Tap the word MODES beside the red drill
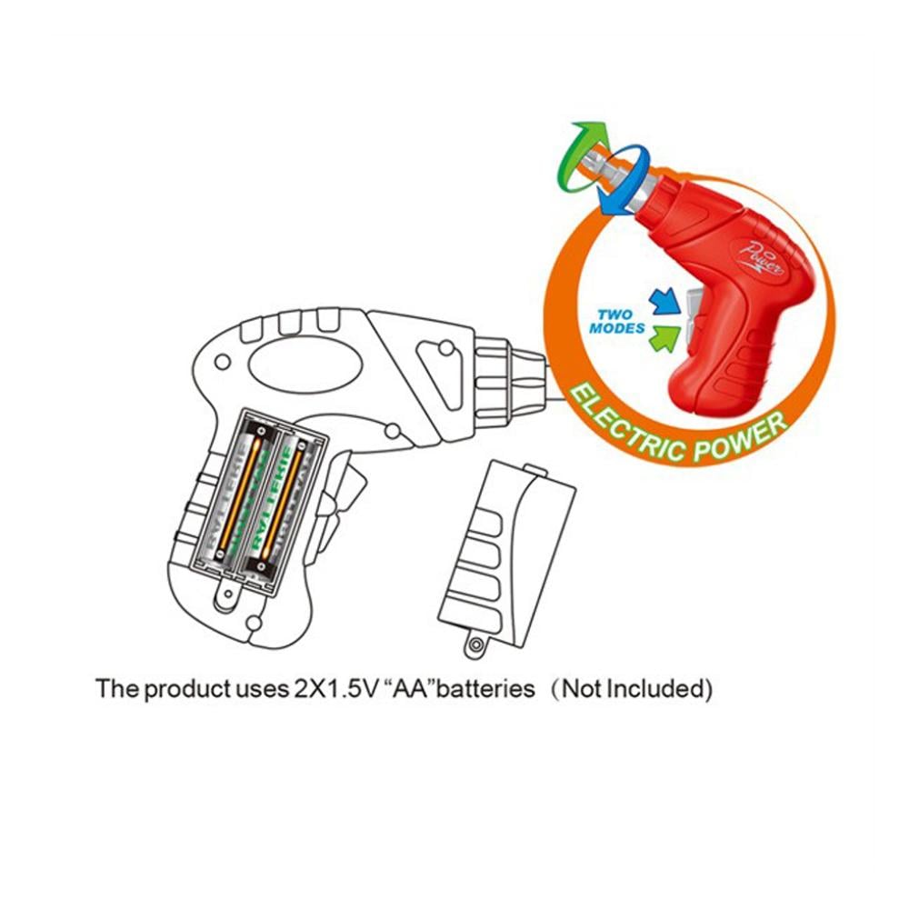[x=616, y=328]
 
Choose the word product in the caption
[x=185, y=688]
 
